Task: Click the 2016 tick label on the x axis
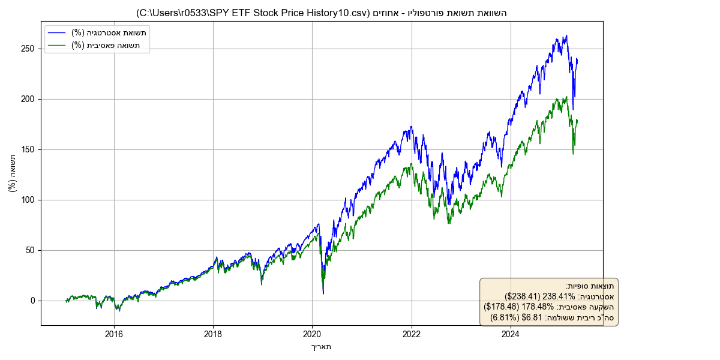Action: tap(114, 334)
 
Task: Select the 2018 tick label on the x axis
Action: tap(213, 334)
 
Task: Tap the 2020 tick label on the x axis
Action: tap(312, 334)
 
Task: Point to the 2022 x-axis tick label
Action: tap(412, 334)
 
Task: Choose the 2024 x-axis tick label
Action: tap(511, 334)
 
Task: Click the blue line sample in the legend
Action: tap(58, 32)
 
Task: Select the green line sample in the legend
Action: tap(58, 45)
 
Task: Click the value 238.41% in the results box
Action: tap(560, 296)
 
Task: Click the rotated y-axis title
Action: tap(13, 173)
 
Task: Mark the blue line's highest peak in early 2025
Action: tap(566, 35)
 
